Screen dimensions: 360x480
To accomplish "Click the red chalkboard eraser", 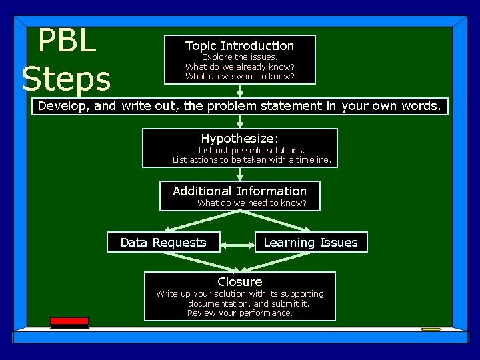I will (69, 322).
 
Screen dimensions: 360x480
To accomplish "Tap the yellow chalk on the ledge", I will (431, 329).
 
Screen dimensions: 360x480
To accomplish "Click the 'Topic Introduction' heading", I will (239, 46).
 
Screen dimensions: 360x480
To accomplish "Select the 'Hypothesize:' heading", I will (239, 138).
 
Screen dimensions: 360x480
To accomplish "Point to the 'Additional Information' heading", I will (239, 191).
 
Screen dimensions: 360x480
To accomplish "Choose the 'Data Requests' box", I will (163, 243).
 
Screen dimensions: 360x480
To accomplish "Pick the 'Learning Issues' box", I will (311, 243).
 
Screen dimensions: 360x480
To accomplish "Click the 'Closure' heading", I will (239, 282).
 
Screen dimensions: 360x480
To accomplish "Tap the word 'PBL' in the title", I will (67, 41).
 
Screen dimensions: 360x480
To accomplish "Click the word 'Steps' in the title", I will (66, 79).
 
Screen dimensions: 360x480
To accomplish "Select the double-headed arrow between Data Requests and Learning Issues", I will (237, 244).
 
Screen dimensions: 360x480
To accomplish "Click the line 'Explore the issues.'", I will (239, 57).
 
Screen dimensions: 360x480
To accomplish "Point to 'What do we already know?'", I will (239, 67).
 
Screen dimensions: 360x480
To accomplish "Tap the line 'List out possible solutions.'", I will (251, 151).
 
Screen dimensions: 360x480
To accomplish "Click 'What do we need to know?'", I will (251, 203).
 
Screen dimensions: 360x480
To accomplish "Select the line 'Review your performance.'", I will (239, 313).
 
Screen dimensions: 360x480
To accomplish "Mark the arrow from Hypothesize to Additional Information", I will (240, 173).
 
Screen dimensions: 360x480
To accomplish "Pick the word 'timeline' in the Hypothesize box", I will (313, 160).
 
